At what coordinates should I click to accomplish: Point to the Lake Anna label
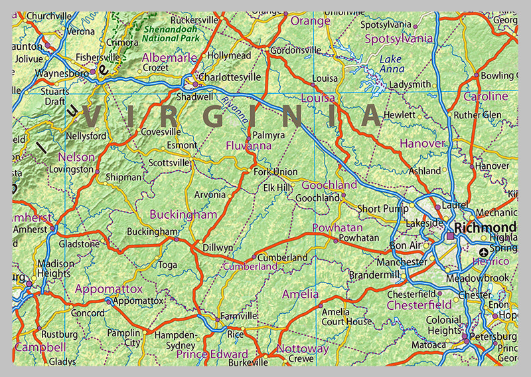pos(390,64)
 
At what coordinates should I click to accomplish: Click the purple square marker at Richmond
pos(451,236)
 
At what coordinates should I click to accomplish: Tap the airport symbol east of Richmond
pos(483,252)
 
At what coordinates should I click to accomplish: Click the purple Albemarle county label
pos(169,58)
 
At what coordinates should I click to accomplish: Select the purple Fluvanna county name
pos(248,145)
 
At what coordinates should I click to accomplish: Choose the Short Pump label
pos(379,209)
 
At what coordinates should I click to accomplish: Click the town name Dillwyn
pos(218,247)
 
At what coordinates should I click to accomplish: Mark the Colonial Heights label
pos(443,325)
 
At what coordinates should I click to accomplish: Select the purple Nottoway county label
pos(302,348)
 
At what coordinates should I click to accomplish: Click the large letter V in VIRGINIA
pos(92,116)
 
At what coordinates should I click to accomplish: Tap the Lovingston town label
pos(71,170)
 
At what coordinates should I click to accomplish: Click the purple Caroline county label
pos(485,96)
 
